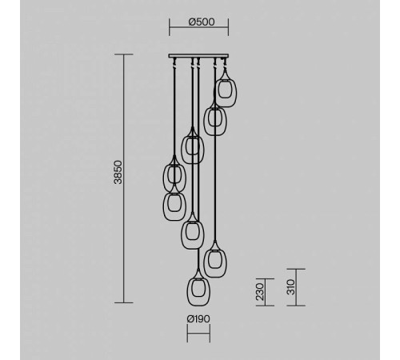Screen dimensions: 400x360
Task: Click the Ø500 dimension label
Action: (x=202, y=22)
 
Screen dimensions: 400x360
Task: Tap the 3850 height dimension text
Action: (x=118, y=172)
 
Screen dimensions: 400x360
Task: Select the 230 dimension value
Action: (x=259, y=292)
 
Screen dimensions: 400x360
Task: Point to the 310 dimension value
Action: (x=290, y=287)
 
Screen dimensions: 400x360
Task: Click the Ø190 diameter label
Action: (x=198, y=318)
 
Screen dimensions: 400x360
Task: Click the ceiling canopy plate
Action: (x=198, y=56)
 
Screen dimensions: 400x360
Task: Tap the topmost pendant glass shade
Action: (x=226, y=89)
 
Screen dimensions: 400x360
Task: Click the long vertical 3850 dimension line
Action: (x=123, y=178)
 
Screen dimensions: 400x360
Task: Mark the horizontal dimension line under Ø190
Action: (x=198, y=333)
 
